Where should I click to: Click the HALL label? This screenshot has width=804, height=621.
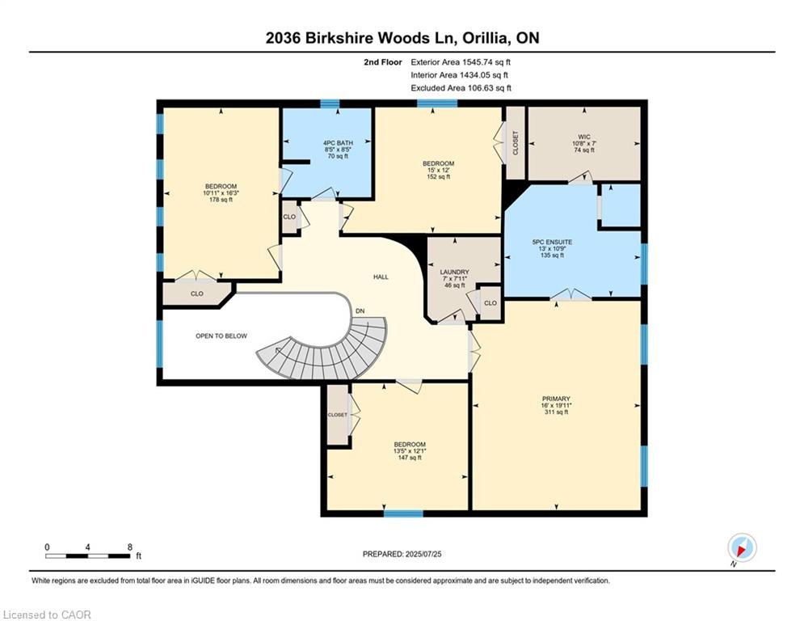coord(381,277)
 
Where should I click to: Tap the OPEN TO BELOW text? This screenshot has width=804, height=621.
coord(221,336)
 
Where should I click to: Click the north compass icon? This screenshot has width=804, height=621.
coord(741,547)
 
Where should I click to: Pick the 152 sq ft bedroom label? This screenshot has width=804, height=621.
coord(440,170)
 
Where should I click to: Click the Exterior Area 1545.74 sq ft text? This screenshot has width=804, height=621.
coord(461,61)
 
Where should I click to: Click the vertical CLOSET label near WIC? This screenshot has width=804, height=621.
coord(516,143)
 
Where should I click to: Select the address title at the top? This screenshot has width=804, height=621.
coord(402,38)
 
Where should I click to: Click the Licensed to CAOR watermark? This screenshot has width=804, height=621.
coord(48,615)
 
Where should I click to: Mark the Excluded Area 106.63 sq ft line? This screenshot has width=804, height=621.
coord(461,88)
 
